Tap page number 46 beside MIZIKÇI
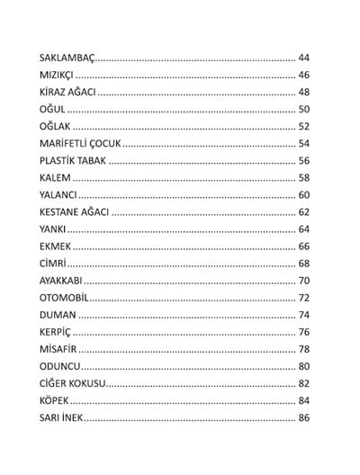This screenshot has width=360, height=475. coord(303,75)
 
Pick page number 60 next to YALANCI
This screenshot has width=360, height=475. coord(303,195)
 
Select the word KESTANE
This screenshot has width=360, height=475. coord(61,212)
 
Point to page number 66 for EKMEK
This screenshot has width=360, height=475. coord(303,246)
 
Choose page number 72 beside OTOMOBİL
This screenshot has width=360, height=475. coord(303,298)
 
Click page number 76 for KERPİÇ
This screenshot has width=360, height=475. coord(303,332)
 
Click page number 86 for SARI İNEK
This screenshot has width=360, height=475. coord(303,418)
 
